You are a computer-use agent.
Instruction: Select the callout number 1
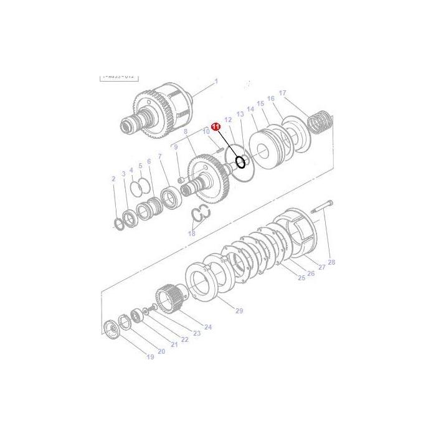coord(216,81)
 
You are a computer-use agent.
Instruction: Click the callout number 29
coord(239,310)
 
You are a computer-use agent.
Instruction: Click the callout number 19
coord(149,357)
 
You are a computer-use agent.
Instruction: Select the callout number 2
coord(113,179)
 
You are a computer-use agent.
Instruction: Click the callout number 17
coord(282,93)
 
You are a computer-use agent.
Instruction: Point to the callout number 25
coord(301,278)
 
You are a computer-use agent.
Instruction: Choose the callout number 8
coord(185,131)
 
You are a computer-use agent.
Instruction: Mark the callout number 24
coord(208,327)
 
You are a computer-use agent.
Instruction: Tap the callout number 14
coord(250,109)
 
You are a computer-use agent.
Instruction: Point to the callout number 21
coord(174,345)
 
